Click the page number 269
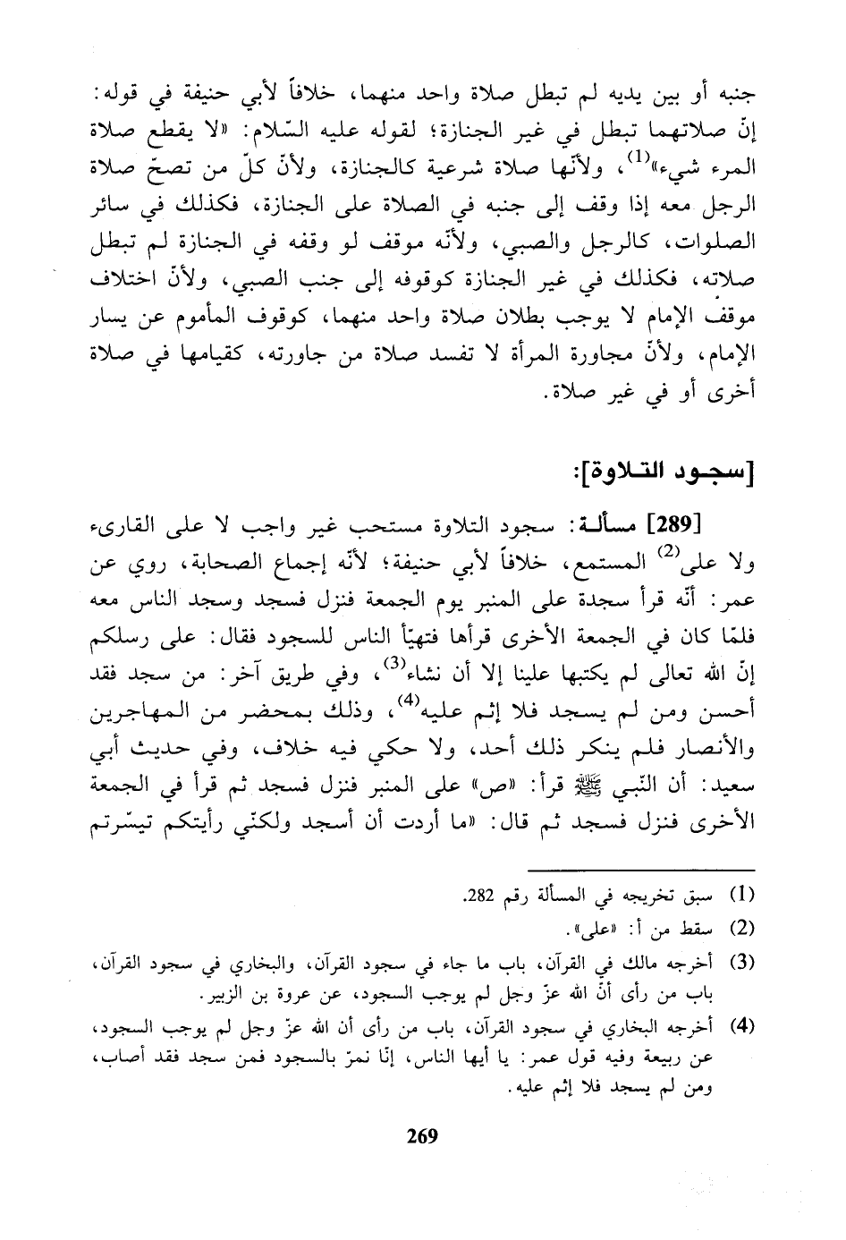pos(422,1136)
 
